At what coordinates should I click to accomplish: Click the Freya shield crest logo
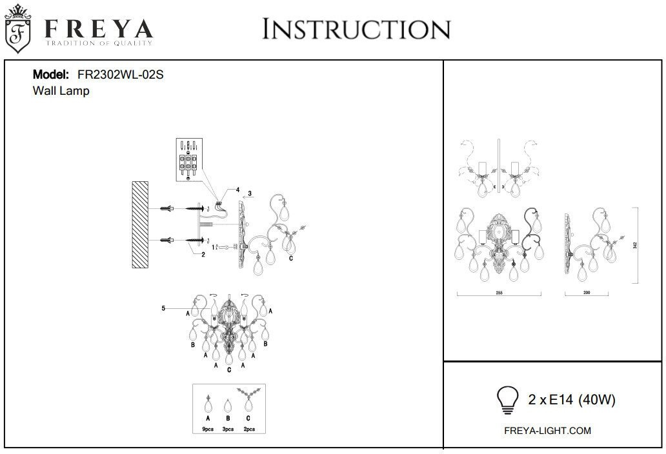tap(19, 28)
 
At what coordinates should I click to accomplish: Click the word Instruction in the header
tap(356, 29)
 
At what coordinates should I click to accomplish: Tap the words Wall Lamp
tap(61, 92)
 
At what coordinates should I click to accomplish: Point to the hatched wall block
tap(139, 224)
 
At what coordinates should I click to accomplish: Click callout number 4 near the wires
tap(237, 190)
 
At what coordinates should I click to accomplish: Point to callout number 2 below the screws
tap(203, 255)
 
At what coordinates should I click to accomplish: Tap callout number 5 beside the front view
tap(164, 309)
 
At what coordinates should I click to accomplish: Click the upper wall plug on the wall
tap(166, 208)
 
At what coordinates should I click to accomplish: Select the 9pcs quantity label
tap(207, 428)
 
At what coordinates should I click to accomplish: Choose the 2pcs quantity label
tap(248, 428)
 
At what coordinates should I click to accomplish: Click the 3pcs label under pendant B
tap(228, 428)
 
